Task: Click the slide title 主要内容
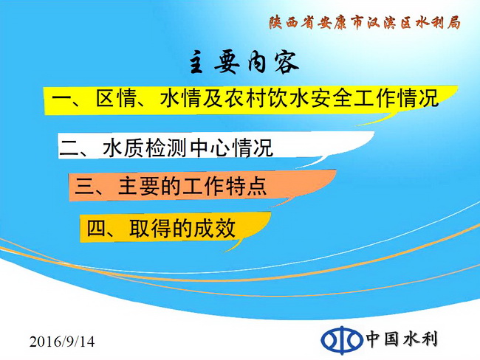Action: [x=244, y=63]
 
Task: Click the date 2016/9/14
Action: [x=62, y=342]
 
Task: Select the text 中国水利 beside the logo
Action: [x=402, y=339]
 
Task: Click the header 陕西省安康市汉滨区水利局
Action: [x=365, y=23]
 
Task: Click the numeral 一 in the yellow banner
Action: [x=61, y=99]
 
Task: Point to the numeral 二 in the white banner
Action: [x=69, y=148]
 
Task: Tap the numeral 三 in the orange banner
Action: [x=84, y=186]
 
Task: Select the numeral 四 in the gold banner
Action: [x=97, y=228]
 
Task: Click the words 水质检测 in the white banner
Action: [x=145, y=148]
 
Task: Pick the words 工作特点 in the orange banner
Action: [x=224, y=186]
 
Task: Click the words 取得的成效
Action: [x=182, y=228]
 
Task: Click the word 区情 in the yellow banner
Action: [x=116, y=99]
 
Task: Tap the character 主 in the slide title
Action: [x=196, y=63]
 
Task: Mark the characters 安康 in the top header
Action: [x=332, y=23]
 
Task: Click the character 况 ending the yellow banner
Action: [x=428, y=99]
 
